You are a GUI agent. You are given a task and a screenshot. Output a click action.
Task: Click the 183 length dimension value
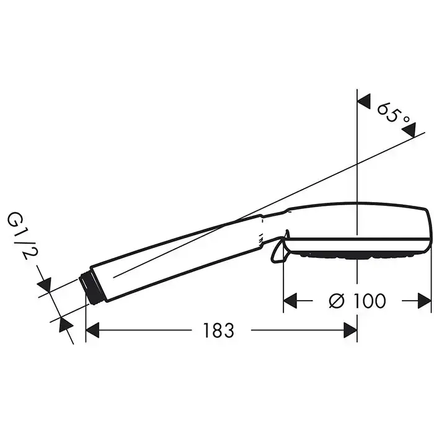coord(219,330)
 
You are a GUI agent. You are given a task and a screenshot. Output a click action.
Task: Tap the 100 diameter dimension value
coord(370,301)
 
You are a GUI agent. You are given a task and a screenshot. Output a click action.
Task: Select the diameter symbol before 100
coord(337,301)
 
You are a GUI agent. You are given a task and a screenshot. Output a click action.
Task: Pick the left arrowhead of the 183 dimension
coord(92,330)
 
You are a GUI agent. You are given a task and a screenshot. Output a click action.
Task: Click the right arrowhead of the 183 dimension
coord(350,330)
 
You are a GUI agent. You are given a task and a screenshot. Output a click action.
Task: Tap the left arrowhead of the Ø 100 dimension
coord(290,301)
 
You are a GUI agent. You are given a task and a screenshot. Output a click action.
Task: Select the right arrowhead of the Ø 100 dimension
coord(424,301)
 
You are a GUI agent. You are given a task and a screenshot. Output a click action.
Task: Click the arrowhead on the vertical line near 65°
coord(363,101)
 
